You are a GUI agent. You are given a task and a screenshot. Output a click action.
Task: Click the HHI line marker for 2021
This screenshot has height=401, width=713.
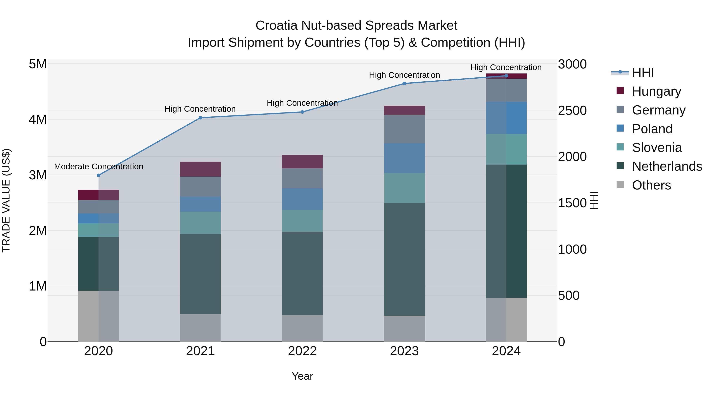(x=200, y=118)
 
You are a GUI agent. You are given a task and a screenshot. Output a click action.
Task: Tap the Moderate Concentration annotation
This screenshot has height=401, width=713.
(x=99, y=167)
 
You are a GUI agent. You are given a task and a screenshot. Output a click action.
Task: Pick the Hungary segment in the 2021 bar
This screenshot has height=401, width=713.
(x=200, y=169)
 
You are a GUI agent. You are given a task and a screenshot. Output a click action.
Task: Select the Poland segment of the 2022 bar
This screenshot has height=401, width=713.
(x=302, y=199)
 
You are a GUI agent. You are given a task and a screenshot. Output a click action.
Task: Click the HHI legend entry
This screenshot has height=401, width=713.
(x=643, y=72)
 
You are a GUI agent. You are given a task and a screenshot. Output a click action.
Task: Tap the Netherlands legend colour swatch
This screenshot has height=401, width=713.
(x=620, y=166)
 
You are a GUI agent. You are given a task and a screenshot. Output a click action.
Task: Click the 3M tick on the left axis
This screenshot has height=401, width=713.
(x=38, y=175)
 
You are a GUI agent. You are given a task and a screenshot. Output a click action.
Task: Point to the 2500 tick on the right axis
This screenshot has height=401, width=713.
(x=572, y=111)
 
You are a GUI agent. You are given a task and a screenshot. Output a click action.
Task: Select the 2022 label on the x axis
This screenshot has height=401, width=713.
(x=302, y=351)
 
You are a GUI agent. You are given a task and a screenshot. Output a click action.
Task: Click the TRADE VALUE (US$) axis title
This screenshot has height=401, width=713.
(x=6, y=200)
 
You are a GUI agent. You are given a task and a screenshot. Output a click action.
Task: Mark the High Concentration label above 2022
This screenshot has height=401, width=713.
(x=302, y=103)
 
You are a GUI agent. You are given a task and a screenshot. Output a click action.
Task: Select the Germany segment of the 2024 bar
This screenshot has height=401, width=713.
(x=506, y=90)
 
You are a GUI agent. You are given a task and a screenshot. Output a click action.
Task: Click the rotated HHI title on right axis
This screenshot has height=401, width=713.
(x=594, y=200)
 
